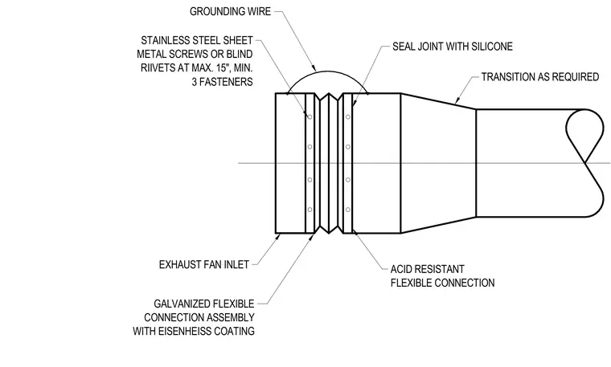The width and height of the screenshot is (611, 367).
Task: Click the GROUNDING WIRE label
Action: (x=230, y=11)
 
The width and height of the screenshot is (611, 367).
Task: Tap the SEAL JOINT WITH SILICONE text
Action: (x=453, y=47)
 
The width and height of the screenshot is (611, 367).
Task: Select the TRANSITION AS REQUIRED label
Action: (x=540, y=76)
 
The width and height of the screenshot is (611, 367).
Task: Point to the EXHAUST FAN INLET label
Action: (x=203, y=265)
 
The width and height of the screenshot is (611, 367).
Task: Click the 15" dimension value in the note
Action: (x=221, y=67)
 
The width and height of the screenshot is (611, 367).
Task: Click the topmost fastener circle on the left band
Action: (x=310, y=116)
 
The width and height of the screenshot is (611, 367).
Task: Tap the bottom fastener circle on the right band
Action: (x=348, y=210)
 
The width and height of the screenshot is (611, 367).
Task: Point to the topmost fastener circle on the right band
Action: (x=348, y=116)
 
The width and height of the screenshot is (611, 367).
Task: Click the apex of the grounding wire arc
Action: (x=327, y=71)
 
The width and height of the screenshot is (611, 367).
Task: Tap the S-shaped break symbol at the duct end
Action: (x=584, y=163)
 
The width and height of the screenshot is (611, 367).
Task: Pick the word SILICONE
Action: (x=492, y=47)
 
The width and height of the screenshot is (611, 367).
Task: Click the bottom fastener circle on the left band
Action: (x=310, y=210)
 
